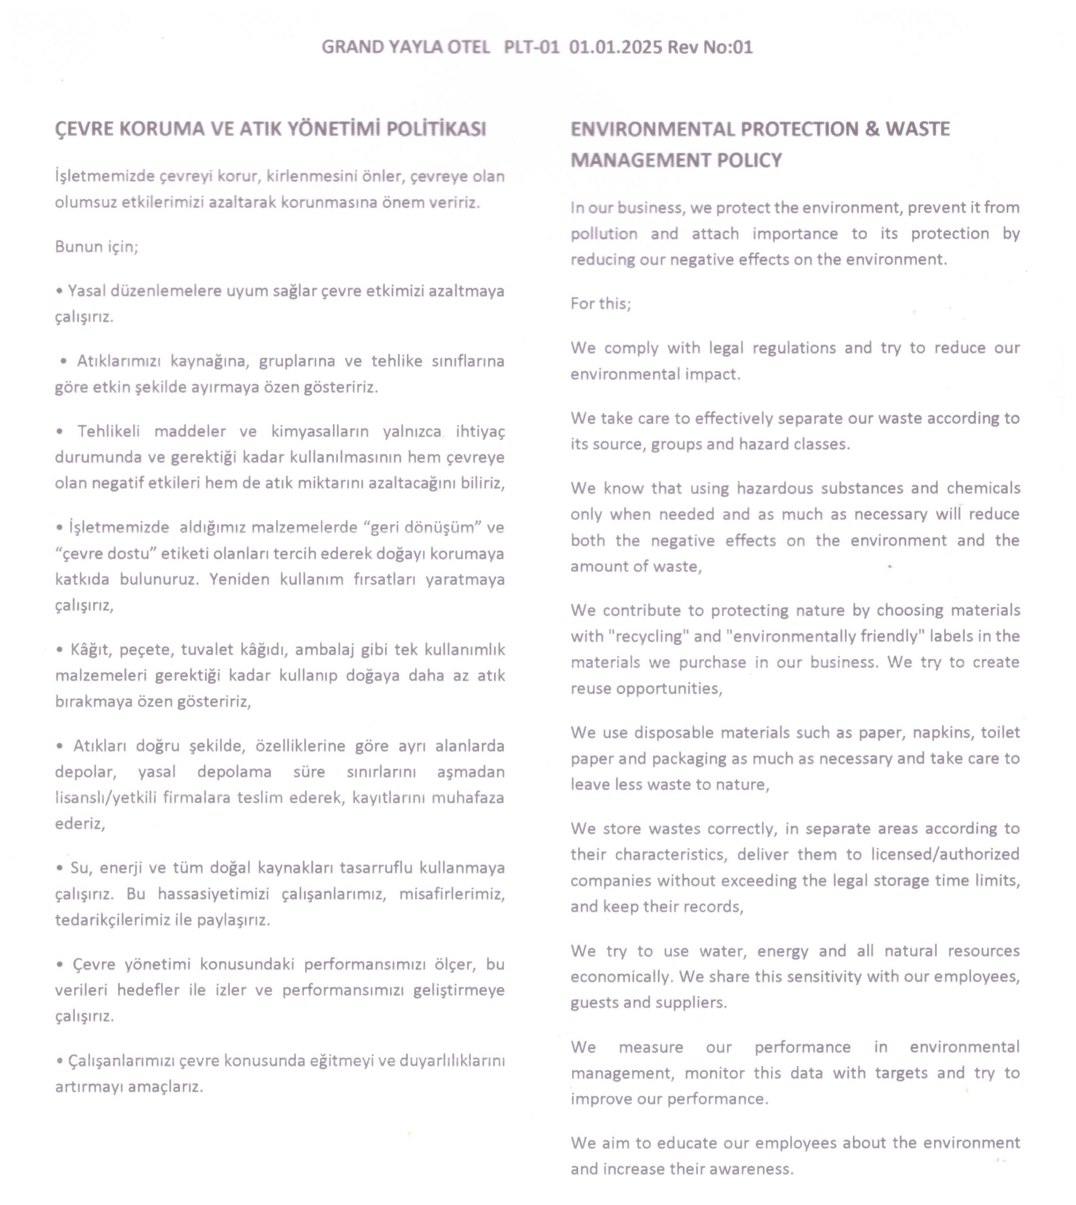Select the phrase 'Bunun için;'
point(96,246)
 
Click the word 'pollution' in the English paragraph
point(604,233)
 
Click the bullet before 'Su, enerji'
point(60,868)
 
